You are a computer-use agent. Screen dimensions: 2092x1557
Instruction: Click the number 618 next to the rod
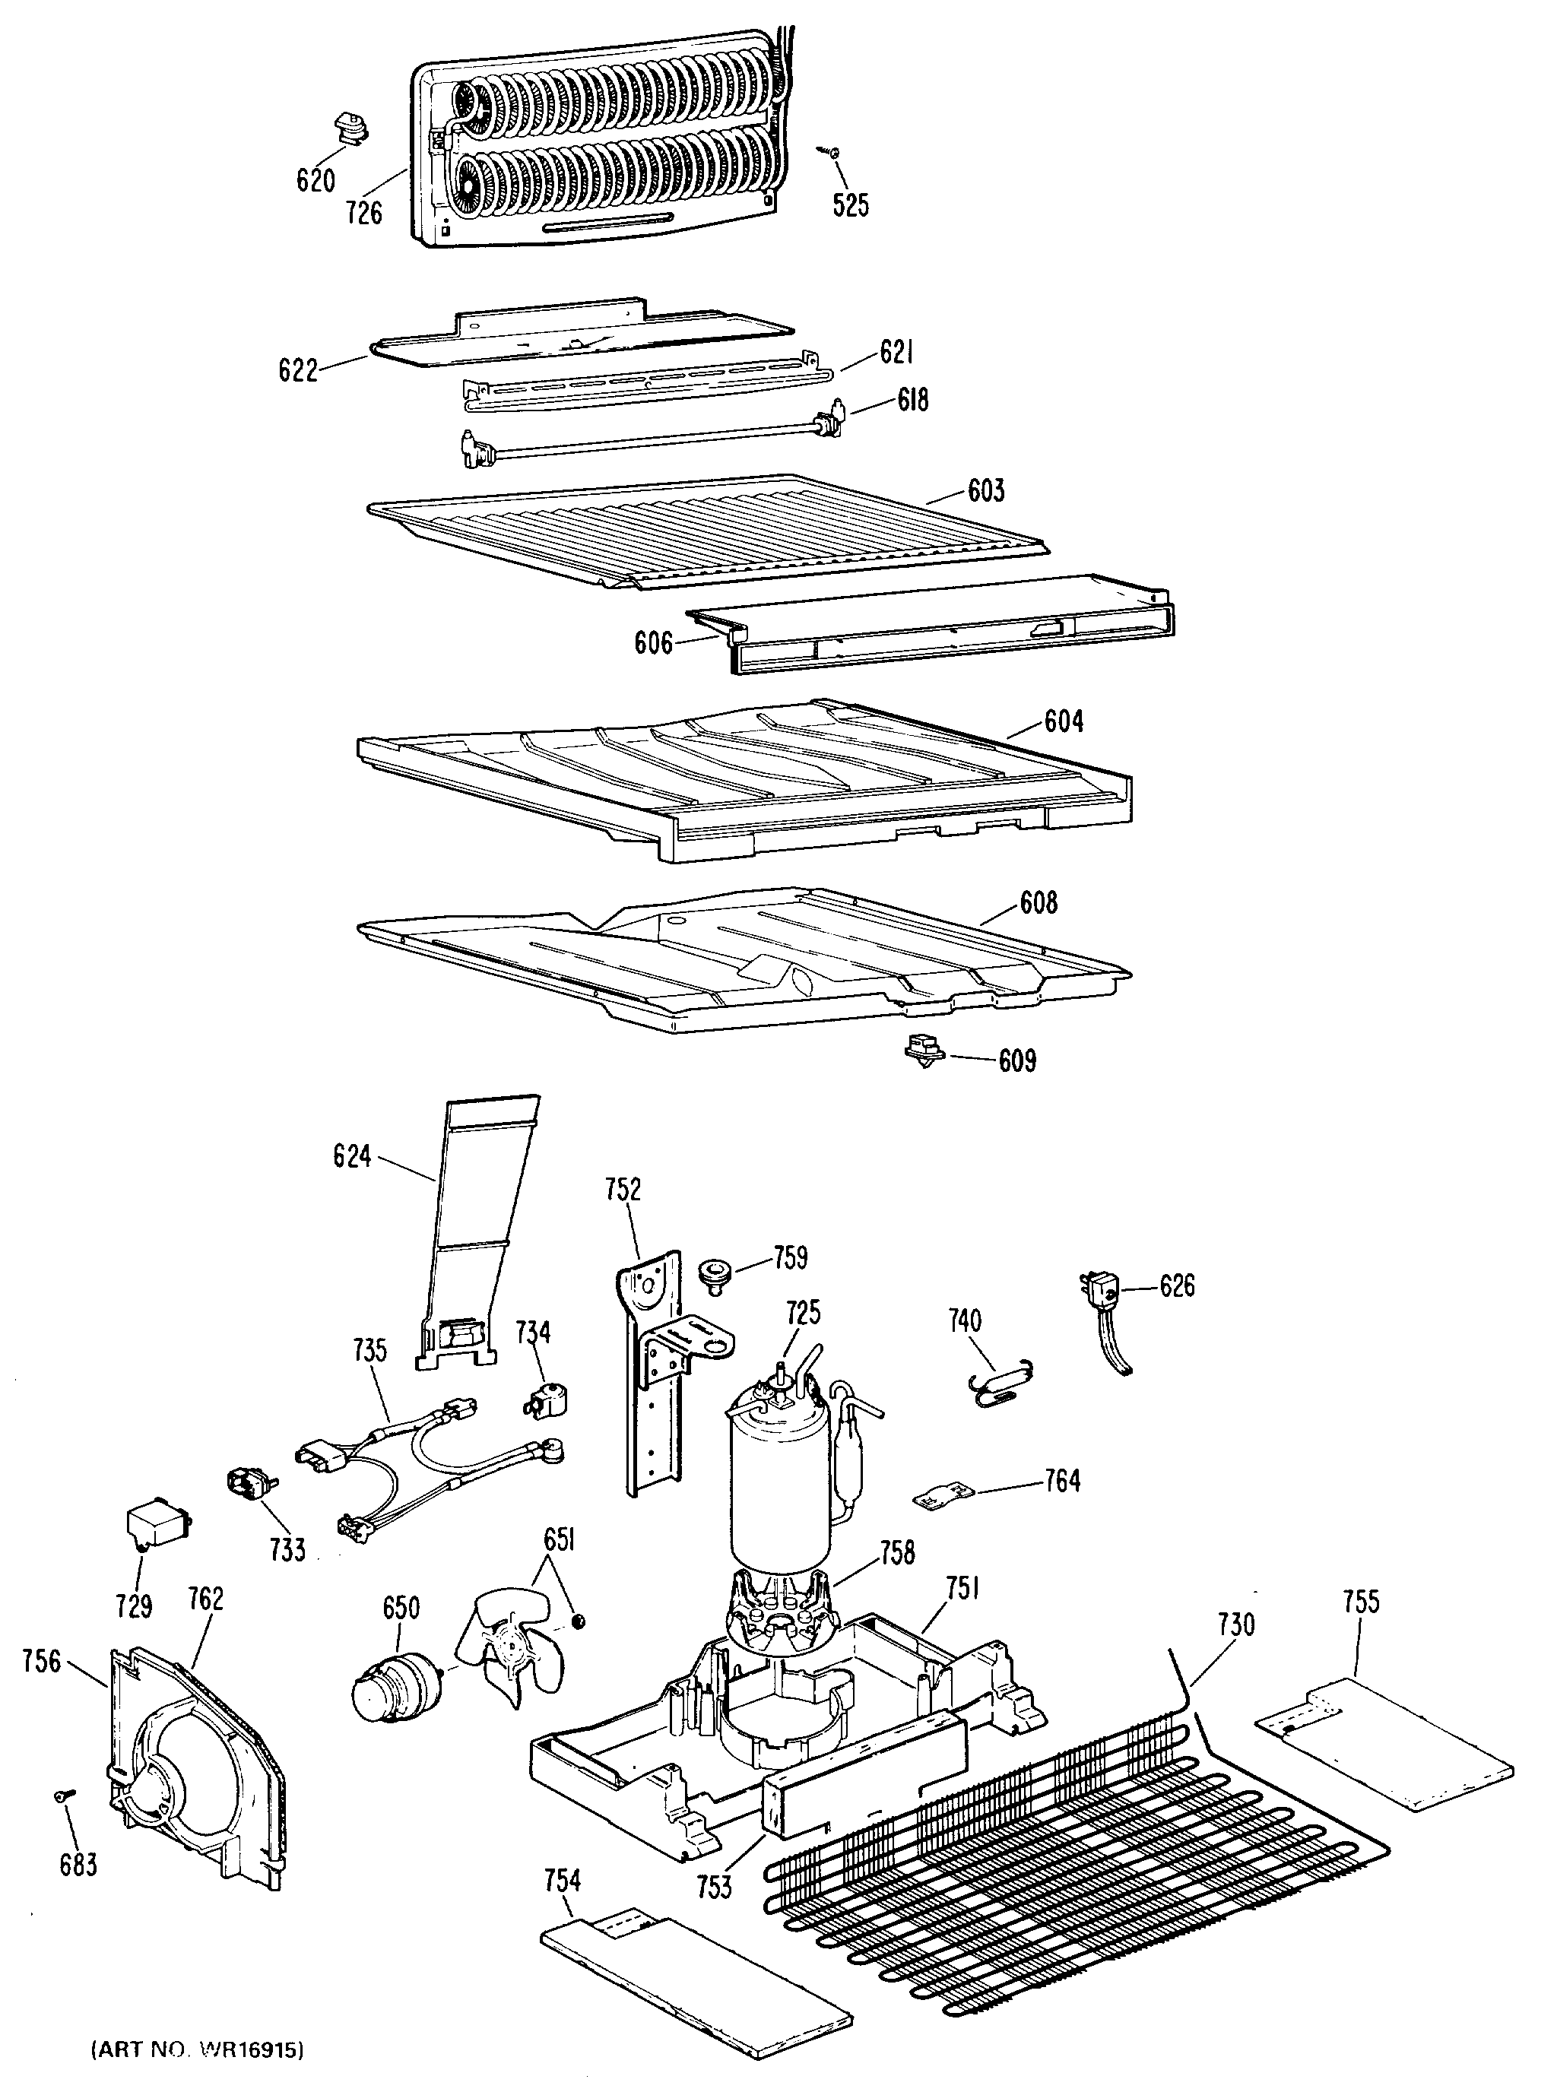pos(912,401)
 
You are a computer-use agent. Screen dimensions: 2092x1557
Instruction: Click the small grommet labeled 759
pos(712,1275)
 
